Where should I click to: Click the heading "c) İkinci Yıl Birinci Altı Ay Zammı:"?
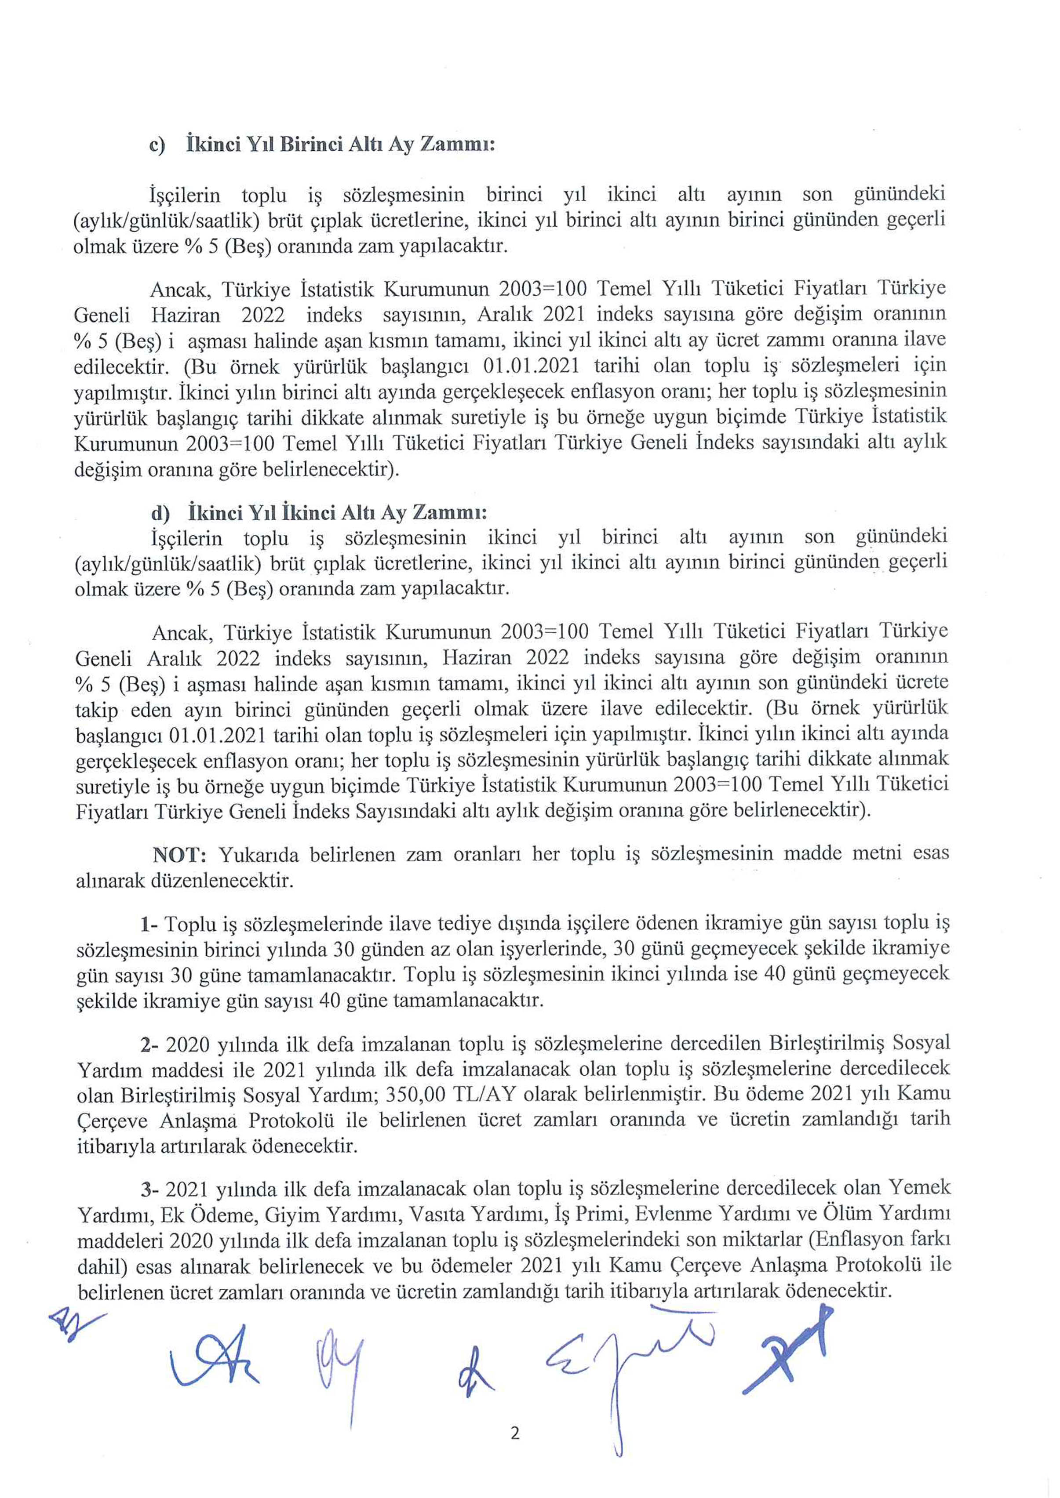pyautogui.click(x=322, y=144)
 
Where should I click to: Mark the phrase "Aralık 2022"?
pyautogui.click(x=202, y=658)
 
